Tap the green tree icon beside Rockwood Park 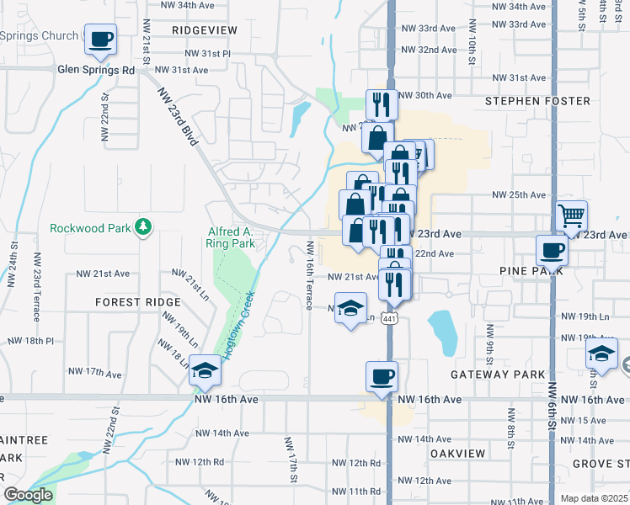click(x=144, y=226)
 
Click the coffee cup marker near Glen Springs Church click(x=100, y=39)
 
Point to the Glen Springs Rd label click(x=96, y=71)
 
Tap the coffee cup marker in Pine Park click(x=552, y=249)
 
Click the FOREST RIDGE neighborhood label click(x=138, y=301)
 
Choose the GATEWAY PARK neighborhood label click(x=498, y=374)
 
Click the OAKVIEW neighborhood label click(x=457, y=453)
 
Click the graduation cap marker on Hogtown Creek click(x=203, y=370)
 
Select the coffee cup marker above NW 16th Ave click(x=382, y=375)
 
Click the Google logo click(x=28, y=495)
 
